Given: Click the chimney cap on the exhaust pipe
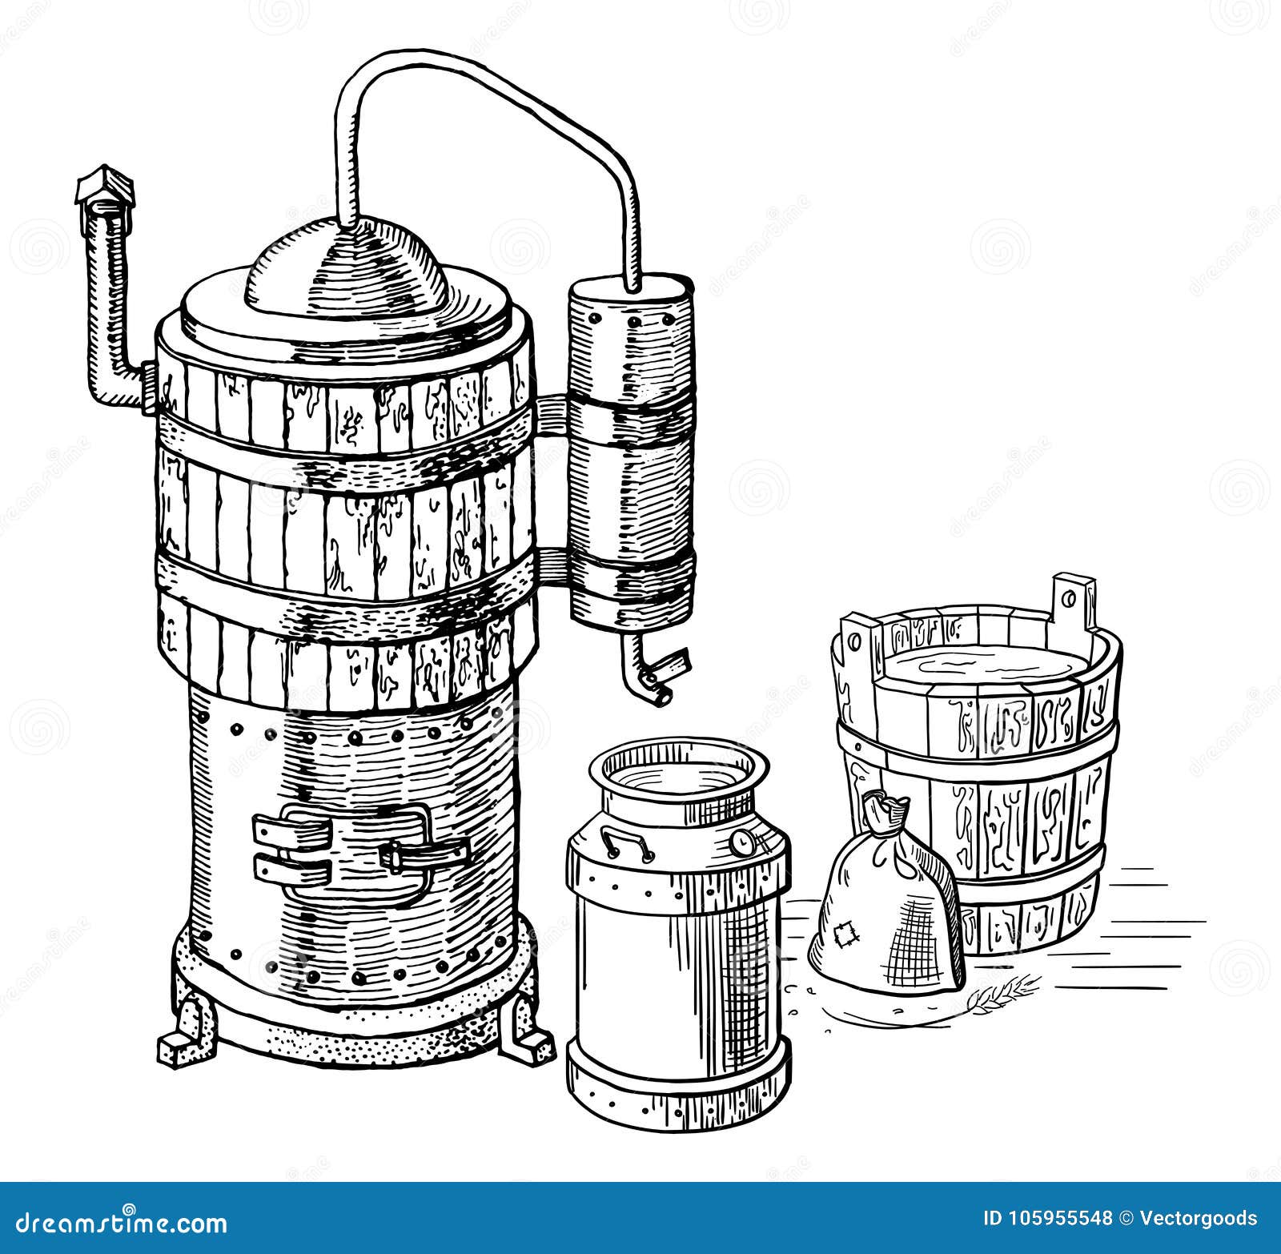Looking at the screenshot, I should pyautogui.click(x=104, y=187).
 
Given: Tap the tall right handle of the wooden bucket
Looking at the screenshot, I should pyautogui.click(x=1073, y=601).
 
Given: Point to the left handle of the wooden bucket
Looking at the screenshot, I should pyautogui.click(x=853, y=641).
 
